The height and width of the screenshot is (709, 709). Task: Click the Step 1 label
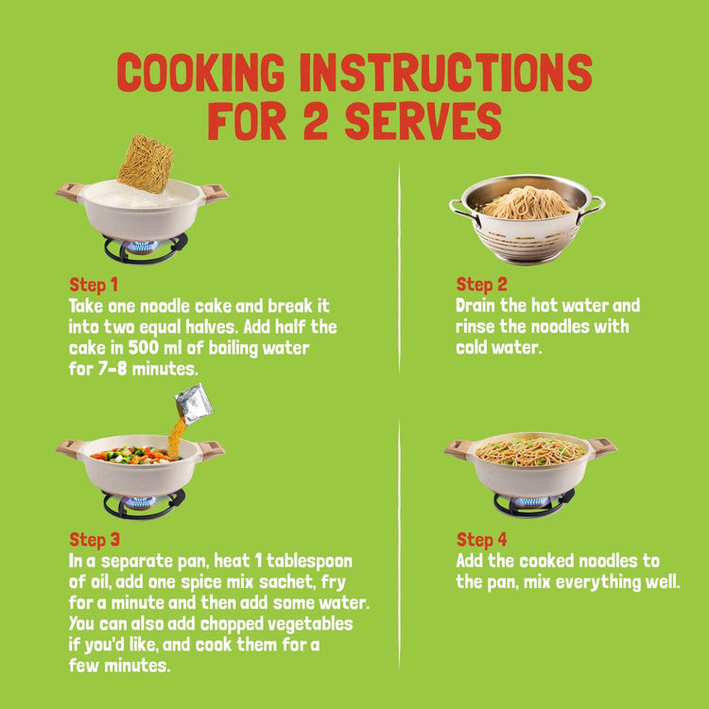[x=94, y=285]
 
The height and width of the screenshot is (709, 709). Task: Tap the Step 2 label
[x=481, y=285]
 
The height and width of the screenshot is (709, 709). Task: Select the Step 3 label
[x=95, y=540]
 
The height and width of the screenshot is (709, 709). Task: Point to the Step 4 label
[x=481, y=540]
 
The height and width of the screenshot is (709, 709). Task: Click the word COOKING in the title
[x=200, y=73]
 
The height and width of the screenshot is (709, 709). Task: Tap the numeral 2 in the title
[x=315, y=120]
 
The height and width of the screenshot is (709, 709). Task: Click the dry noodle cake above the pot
[x=146, y=164]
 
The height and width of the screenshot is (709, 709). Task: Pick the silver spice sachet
[x=194, y=404]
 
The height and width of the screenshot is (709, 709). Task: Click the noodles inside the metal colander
[x=527, y=204]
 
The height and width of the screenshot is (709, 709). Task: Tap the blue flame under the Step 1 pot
[x=142, y=247]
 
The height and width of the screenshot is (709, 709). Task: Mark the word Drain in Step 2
[x=476, y=305]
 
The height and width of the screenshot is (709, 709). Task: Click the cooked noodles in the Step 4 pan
[x=530, y=451]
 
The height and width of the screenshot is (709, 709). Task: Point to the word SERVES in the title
[x=424, y=120]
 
